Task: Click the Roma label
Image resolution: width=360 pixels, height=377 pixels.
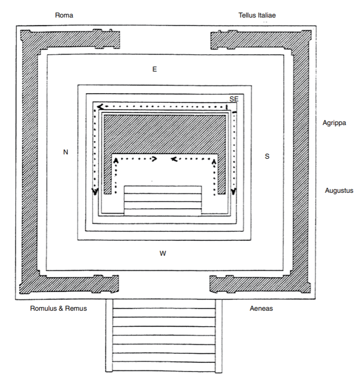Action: coord(64,15)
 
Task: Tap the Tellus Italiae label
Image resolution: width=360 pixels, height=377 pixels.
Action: coord(257,15)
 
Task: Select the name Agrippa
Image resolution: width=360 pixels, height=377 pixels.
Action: coord(334,123)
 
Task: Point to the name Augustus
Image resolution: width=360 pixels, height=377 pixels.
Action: coord(339,191)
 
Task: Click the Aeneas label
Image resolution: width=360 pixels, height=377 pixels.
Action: coord(261,308)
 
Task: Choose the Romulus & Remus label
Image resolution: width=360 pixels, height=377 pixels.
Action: coord(58,308)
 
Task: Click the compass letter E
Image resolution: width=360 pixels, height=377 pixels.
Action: coord(154,69)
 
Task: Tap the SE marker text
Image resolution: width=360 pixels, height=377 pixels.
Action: coord(234,99)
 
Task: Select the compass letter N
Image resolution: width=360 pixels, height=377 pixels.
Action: coord(66,152)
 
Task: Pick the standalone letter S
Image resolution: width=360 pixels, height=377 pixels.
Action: coord(267,156)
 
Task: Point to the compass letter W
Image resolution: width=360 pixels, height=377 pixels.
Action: coord(162,253)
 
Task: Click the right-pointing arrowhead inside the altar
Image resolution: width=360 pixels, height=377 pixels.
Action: coord(153,159)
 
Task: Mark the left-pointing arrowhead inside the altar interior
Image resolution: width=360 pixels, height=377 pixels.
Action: coord(174,159)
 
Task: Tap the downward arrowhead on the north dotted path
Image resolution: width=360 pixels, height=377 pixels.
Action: coord(95,192)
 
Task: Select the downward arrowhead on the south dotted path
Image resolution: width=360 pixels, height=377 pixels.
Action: coord(234,191)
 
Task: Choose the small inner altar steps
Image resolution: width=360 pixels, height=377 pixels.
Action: coord(162,200)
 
